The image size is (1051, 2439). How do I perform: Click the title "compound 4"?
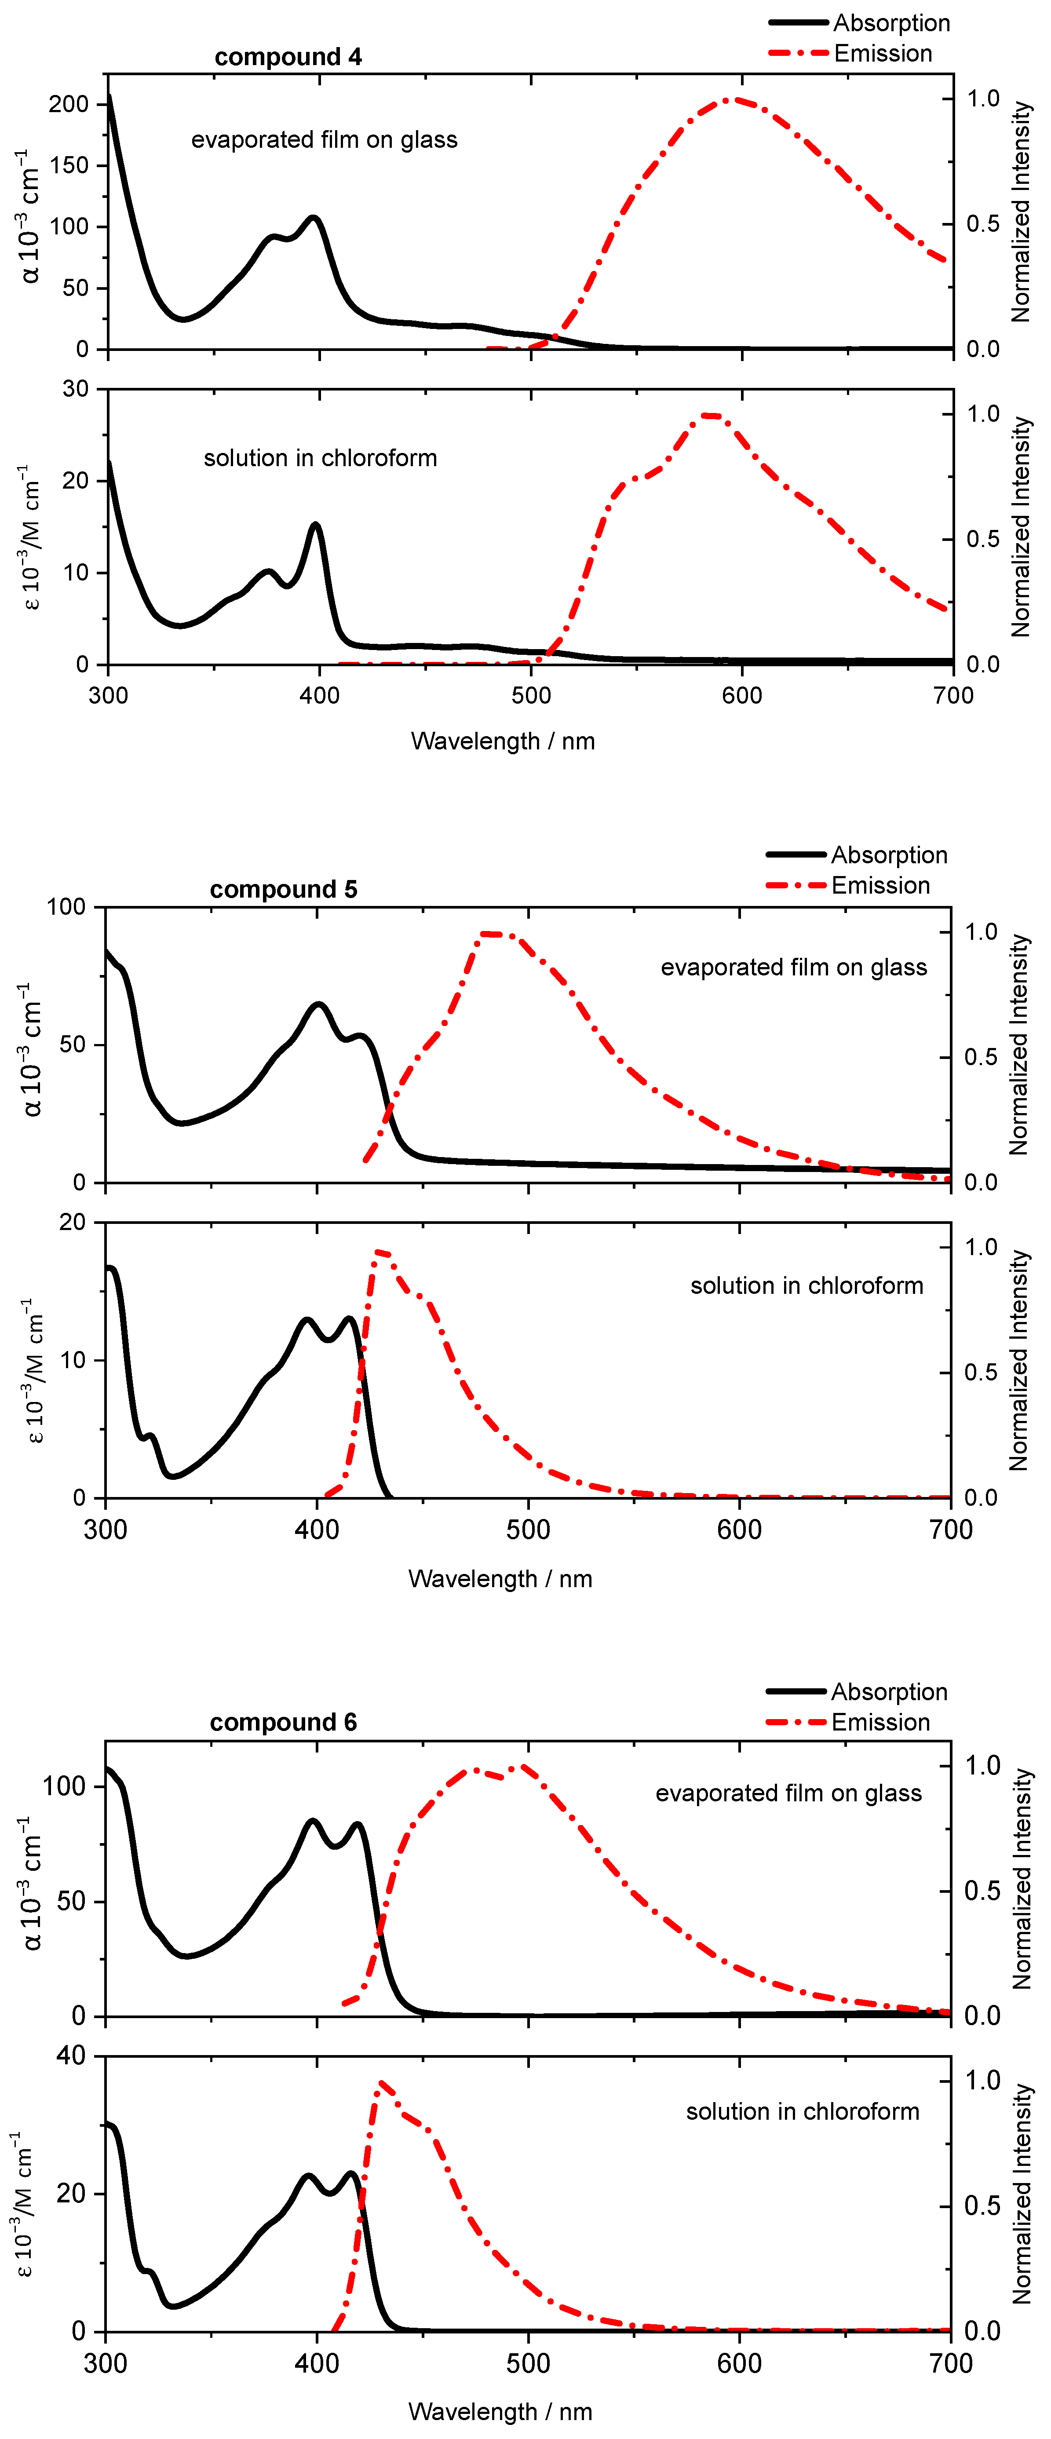tap(288, 57)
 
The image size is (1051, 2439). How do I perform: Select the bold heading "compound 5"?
tap(283, 889)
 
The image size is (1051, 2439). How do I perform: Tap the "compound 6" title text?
tap(283, 1722)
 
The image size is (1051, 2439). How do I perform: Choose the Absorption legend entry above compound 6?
tap(888, 1692)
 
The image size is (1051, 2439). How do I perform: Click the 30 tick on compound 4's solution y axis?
tap(76, 389)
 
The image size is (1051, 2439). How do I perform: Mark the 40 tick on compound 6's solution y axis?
tap(71, 2056)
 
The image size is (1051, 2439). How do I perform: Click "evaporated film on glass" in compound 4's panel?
tap(324, 140)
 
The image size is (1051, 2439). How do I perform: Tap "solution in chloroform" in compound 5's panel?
tap(806, 1286)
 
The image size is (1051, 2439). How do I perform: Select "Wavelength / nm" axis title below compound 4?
tap(503, 741)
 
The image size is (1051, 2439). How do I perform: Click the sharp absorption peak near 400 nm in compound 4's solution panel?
tap(315, 524)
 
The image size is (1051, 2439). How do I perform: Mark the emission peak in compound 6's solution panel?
tap(381, 2082)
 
